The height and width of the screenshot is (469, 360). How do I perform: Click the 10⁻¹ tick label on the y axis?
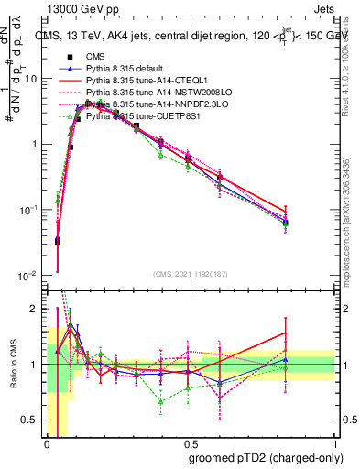point(29,210)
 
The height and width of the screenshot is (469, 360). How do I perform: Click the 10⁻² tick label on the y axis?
point(29,276)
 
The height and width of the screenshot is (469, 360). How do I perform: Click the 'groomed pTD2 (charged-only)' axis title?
point(266,458)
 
